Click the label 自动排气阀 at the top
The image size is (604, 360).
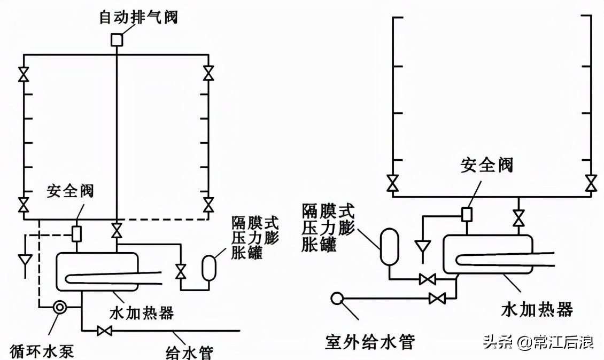[138, 17]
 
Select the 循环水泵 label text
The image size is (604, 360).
[42, 351]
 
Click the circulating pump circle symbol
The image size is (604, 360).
[60, 307]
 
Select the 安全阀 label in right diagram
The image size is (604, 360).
[487, 165]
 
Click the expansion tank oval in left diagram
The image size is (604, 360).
[208, 268]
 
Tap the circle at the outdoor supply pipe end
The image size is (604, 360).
[337, 298]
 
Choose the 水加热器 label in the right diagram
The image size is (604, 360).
[537, 309]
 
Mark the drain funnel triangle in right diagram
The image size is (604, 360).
[423, 247]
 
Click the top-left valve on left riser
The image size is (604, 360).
[23, 74]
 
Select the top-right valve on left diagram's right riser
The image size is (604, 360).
[209, 73]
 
